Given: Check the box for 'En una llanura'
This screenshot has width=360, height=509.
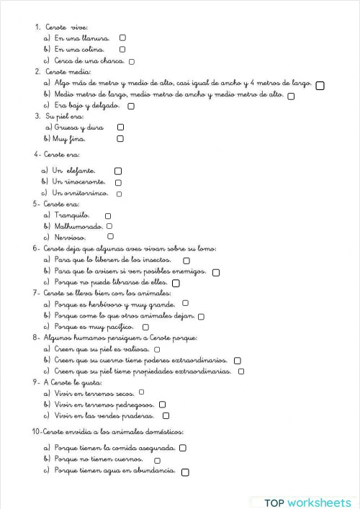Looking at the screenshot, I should pos(123,37).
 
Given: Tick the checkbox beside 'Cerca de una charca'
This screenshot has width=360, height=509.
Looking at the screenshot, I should pos(131,61).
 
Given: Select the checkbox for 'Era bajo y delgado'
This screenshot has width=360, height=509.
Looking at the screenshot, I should pos(130,106).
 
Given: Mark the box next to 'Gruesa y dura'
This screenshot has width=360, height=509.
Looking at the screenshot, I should pos(120,127).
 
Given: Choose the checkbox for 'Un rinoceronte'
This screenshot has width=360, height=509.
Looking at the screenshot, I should pos(118,183).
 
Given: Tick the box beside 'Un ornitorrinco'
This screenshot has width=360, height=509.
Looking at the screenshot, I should pos(119,194).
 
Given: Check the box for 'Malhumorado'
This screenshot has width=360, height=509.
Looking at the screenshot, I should pos(109,226).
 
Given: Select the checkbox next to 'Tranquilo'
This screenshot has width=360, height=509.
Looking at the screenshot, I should pos(108,215).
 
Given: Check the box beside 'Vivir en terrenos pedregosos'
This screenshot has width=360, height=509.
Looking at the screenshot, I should pos(162,405).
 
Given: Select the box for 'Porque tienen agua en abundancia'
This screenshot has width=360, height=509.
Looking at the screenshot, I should pos(186,472).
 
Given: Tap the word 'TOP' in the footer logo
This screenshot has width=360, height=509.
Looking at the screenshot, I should pos(274,502).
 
